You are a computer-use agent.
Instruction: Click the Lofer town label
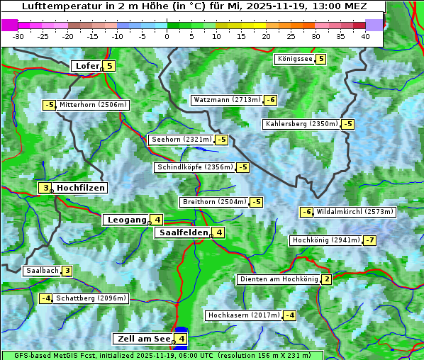(87, 66)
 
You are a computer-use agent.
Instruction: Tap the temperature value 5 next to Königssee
(321, 59)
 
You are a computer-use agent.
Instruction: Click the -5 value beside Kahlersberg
(347, 124)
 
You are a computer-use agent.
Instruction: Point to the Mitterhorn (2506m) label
(93, 105)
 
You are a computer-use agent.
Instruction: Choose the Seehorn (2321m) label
(182, 140)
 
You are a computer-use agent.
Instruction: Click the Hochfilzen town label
(81, 188)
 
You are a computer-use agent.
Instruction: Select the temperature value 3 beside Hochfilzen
(45, 188)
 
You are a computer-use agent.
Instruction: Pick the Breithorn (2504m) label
(213, 202)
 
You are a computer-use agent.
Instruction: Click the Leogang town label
(125, 220)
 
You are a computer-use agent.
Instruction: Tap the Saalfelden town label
(183, 232)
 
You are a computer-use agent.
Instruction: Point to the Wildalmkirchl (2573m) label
(355, 211)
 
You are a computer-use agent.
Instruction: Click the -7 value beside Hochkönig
(370, 240)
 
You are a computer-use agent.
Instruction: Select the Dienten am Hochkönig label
(278, 279)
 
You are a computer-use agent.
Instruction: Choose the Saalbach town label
(42, 270)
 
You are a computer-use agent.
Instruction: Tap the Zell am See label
(143, 339)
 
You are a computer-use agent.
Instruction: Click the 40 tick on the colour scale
(365, 36)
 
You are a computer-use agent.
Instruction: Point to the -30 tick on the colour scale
(18, 36)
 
